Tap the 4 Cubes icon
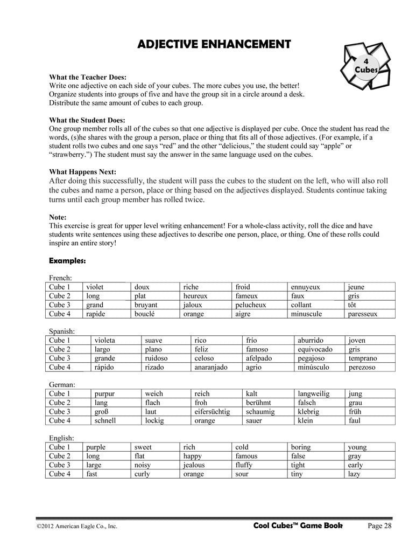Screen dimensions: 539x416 367,65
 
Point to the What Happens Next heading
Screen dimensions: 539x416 82,172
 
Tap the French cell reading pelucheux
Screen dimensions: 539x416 251,305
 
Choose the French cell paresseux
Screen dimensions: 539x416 363,314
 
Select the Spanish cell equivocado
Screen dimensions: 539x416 315,349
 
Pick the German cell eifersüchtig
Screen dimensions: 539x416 212,412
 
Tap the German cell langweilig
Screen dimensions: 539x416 313,394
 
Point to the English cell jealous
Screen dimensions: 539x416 194,465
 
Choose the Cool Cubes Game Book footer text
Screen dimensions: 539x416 297,526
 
